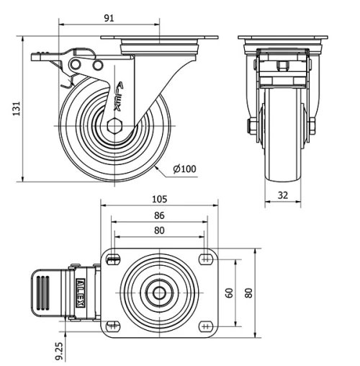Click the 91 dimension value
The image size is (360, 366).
[x=109, y=18]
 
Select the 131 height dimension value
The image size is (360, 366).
[x=17, y=109]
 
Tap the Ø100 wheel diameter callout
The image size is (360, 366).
[x=184, y=169]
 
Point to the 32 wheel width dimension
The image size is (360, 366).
[x=283, y=195]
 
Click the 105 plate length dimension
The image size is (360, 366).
[x=159, y=199]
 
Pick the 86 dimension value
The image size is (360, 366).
[x=159, y=215]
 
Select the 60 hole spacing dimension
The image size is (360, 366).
[x=230, y=293]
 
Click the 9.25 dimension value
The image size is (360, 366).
[x=59, y=351]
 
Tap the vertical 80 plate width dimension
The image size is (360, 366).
[x=249, y=293]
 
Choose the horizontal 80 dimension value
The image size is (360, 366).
[x=159, y=231]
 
